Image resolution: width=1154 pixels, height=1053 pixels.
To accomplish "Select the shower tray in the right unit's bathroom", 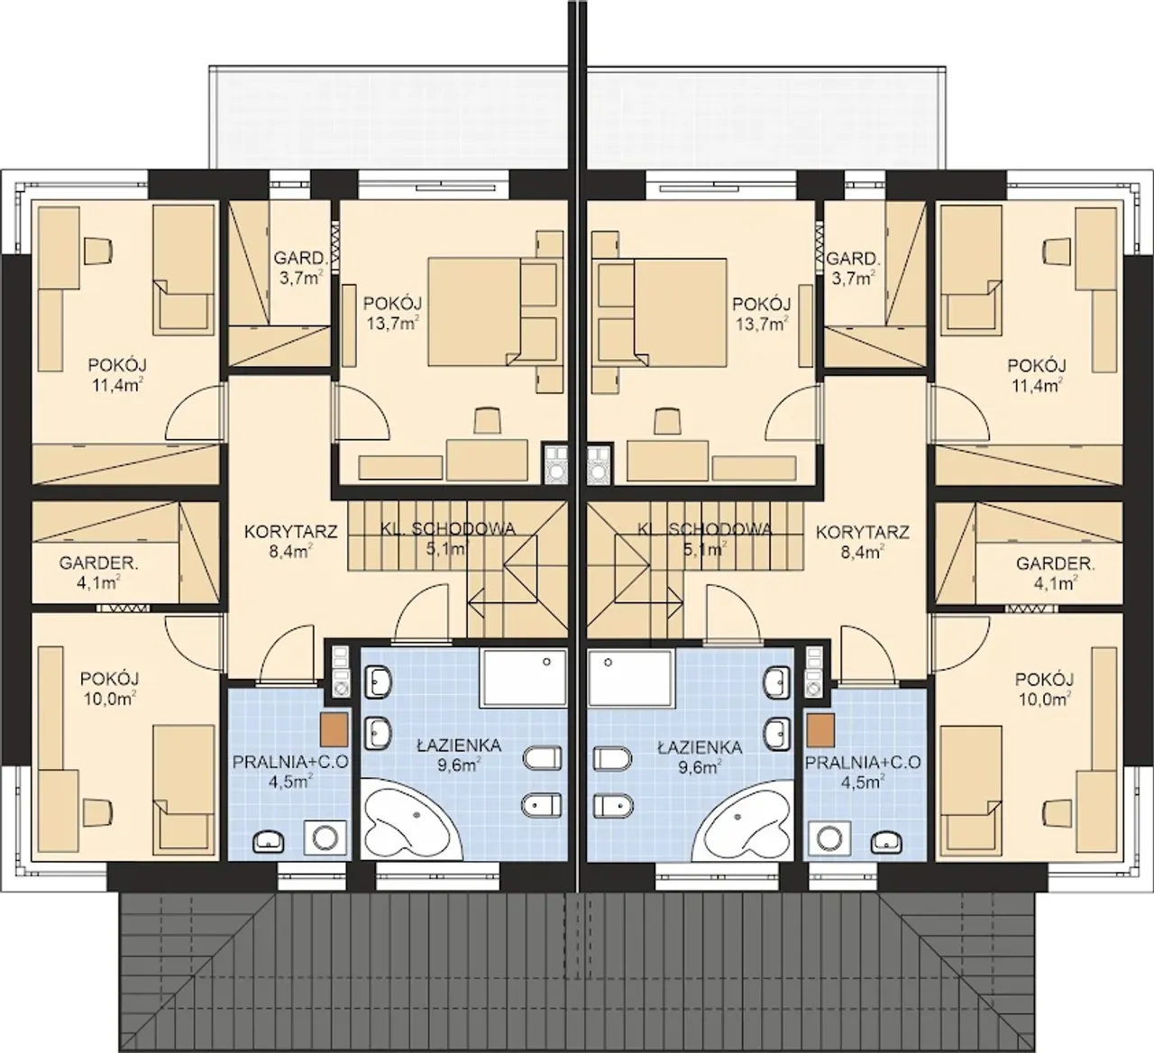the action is point(630,677).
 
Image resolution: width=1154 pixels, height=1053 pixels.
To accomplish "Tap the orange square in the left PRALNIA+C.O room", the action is point(334,731).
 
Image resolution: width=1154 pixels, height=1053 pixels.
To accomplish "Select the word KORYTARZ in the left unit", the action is point(290,532).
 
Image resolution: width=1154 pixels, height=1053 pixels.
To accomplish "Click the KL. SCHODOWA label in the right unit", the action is point(705,529).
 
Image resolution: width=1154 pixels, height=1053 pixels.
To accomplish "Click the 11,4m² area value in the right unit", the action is point(1037,384).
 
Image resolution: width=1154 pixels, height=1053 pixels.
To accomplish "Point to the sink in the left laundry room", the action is point(269,842).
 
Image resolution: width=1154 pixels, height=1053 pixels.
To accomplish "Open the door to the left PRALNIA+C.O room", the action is point(288,656).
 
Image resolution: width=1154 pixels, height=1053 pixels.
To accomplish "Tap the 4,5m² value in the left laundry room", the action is point(290,782).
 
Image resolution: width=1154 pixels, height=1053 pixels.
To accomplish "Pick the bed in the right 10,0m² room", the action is point(971,790).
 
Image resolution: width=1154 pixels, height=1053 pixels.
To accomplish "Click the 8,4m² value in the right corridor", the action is point(863,552).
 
